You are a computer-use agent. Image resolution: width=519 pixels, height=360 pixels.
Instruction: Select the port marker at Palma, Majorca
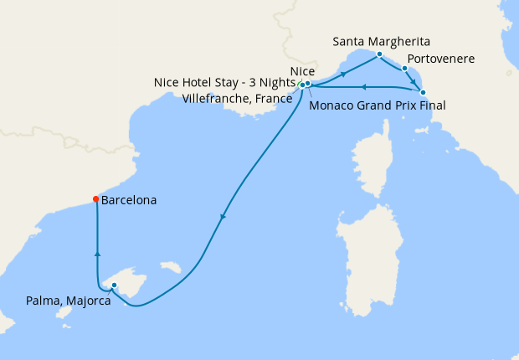coord(114,285)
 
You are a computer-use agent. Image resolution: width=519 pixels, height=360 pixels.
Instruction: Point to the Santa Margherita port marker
coord(379,54)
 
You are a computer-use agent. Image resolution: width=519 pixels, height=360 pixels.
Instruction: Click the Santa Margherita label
coord(383,40)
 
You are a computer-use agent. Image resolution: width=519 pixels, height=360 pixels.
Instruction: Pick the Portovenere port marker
coord(404,69)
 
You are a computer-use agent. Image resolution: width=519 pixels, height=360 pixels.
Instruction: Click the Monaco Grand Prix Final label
coord(377,105)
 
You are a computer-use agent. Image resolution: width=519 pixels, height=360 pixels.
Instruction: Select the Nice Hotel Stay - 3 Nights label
coord(224,83)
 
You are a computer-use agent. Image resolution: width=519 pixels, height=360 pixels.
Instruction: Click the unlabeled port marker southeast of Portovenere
coord(423,92)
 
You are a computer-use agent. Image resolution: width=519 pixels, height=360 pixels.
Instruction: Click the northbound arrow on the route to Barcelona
coord(98,253)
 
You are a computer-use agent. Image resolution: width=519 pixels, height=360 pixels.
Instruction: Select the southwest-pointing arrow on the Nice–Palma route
coord(222,218)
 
